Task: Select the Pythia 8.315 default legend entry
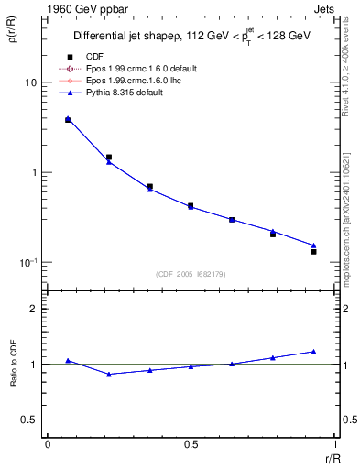coord(124,93)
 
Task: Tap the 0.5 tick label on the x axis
coord(191,444)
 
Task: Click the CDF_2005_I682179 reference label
coord(191,274)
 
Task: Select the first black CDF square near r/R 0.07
coord(68,120)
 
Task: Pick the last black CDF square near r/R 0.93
coord(313,251)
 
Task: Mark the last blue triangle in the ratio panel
coord(313,352)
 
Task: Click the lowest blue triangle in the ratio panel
coord(109,374)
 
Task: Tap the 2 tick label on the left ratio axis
coord(33,310)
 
